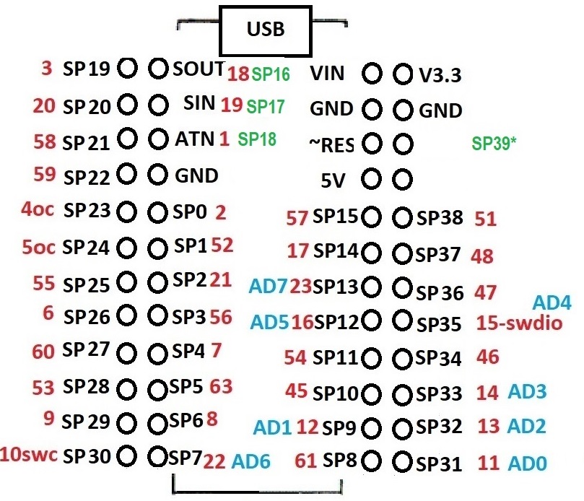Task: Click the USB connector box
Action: click(x=266, y=30)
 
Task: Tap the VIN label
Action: click(x=328, y=73)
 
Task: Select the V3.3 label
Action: click(x=440, y=75)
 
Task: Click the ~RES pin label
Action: click(x=331, y=144)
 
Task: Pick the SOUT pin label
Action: click(x=199, y=69)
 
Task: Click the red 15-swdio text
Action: click(x=519, y=323)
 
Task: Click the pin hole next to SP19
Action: click(x=128, y=69)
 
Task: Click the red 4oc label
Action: click(x=38, y=211)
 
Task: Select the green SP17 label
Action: click(x=265, y=107)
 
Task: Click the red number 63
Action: click(x=221, y=385)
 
